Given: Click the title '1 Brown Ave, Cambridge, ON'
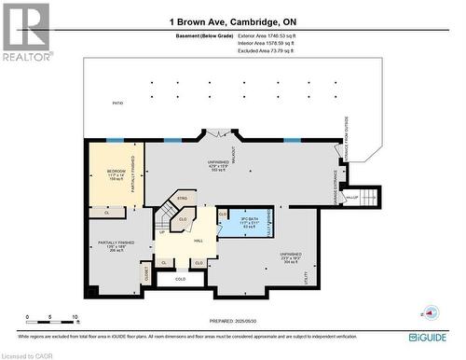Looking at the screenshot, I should click(x=234, y=21).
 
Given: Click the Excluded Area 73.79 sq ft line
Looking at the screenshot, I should click(x=260, y=51).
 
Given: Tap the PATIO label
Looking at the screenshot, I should click(x=117, y=103).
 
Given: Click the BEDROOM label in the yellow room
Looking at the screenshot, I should click(x=116, y=172).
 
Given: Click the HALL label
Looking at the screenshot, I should click(x=199, y=240).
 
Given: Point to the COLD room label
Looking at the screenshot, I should click(x=180, y=278).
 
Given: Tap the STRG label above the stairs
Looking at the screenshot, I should click(x=183, y=198).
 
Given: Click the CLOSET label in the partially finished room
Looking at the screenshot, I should click(x=146, y=272).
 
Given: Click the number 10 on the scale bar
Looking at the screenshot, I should click(x=74, y=317).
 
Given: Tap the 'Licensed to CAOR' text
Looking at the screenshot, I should click(x=28, y=354).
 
